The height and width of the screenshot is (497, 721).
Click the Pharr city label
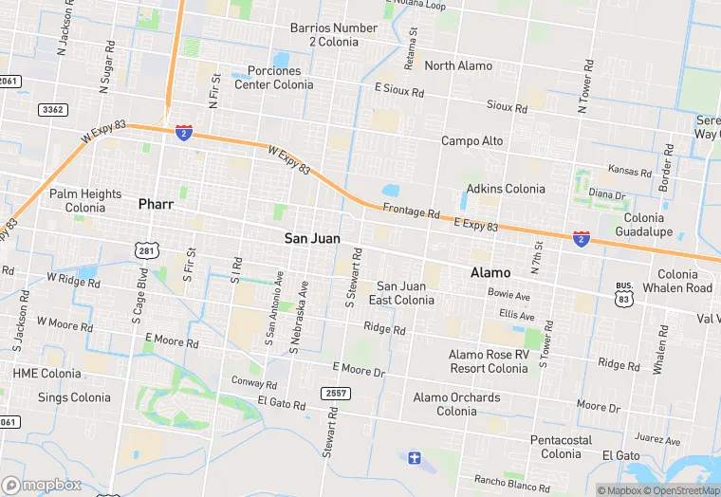coord(157,204)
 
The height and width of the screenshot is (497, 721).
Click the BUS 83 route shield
coord(624,292)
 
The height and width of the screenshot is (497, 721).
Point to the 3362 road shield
coord(53,110)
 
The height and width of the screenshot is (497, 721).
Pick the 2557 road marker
coord(336,394)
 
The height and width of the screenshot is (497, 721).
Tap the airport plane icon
coord(414,459)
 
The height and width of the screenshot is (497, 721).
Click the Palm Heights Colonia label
coord(85,200)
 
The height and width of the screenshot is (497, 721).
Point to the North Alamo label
coord(458,65)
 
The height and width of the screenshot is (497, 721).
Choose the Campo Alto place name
coord(472,141)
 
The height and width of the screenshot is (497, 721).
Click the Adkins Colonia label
coord(506,189)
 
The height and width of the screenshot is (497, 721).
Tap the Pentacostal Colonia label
coord(561,447)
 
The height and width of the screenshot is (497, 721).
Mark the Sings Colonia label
coord(74,397)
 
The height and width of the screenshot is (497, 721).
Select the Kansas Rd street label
coord(630,173)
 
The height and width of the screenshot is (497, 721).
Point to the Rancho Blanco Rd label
coord(511,484)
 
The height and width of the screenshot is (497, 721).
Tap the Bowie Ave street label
coord(509,296)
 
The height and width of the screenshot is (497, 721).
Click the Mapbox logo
coord(42,485)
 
